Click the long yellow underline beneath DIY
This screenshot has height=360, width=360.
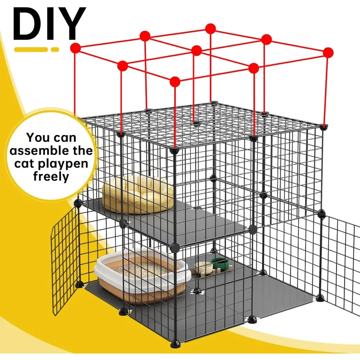pyautogui.click(x=30, y=49)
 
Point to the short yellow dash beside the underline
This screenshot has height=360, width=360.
pyautogui.click(x=55, y=49)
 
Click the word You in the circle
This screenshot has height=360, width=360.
pyautogui.click(x=39, y=138)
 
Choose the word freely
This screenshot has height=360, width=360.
pyautogui.click(x=51, y=177)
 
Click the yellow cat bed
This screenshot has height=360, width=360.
pyautogui.click(x=137, y=194)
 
